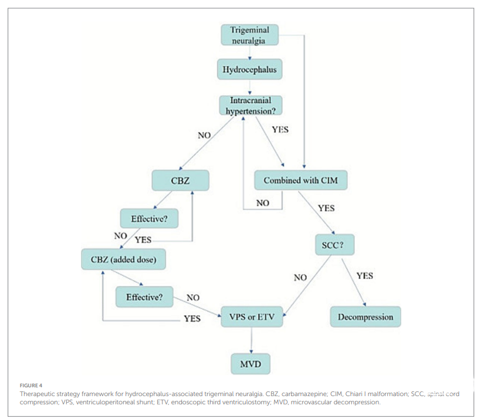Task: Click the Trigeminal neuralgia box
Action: point(249,35)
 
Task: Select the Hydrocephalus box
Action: point(249,70)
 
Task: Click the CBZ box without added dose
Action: point(180,181)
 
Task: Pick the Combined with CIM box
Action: point(301,180)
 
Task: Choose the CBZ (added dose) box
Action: point(123,259)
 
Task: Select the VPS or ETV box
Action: point(252,317)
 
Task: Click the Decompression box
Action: point(365,317)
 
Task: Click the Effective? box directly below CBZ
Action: point(149,219)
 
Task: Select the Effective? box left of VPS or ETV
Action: point(144,297)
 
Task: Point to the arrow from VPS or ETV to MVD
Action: point(251,340)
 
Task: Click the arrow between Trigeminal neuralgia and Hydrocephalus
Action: point(250,52)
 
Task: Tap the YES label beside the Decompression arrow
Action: point(364,276)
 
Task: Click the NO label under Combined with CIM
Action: point(262,202)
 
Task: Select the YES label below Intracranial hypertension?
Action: point(280,130)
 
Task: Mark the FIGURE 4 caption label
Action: point(29,386)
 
